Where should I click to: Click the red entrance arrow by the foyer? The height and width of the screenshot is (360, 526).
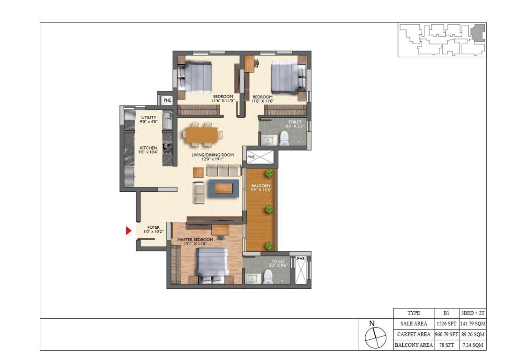128,231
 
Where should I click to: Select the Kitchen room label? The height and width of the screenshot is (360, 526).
148,150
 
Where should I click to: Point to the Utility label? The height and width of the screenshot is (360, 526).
148,120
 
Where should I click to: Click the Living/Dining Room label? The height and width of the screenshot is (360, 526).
208,157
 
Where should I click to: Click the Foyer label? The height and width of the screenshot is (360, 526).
154,229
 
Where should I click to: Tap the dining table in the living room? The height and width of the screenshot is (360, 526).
202,133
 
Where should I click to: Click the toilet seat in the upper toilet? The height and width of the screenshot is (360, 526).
283,138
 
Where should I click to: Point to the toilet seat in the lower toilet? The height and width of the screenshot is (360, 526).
268,277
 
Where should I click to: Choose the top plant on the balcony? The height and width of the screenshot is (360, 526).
269,174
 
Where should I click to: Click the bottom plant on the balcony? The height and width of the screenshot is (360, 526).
269,245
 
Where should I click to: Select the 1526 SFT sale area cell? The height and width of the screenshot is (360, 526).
445,324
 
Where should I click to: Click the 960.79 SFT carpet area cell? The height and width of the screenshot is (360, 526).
445,335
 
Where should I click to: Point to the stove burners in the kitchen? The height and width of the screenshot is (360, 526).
168,148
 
